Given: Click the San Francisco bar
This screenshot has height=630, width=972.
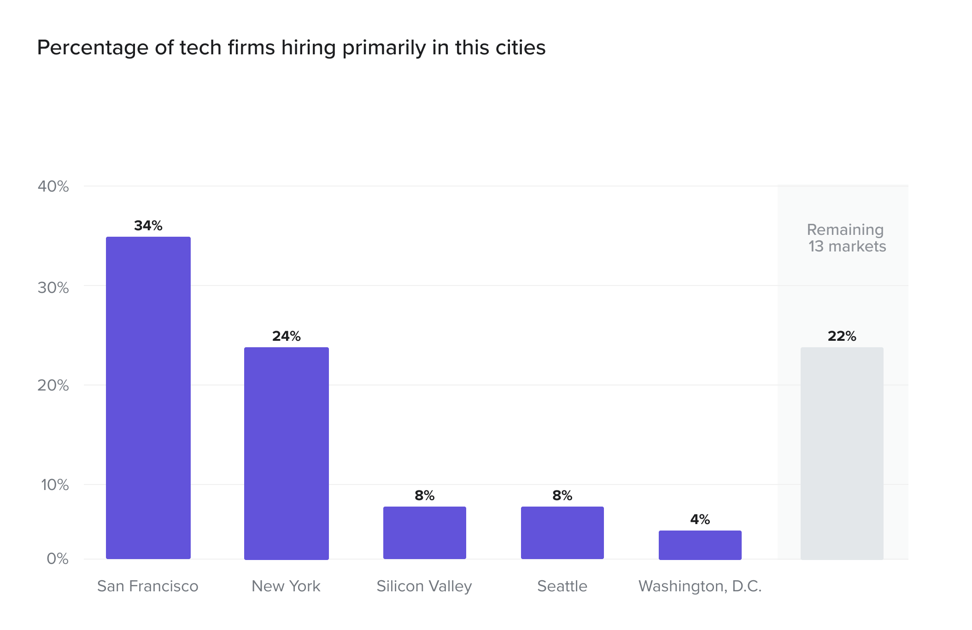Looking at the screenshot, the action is point(148,398).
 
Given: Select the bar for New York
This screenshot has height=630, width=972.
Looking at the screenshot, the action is point(287,453).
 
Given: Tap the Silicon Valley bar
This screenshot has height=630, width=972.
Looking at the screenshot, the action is point(425,533).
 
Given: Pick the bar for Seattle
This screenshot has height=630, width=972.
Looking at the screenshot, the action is point(562,533).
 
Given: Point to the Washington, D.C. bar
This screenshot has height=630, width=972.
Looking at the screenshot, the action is point(700,545).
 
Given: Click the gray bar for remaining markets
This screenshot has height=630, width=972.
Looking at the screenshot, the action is point(842,453).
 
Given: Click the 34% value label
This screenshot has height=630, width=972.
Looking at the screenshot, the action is point(148,226).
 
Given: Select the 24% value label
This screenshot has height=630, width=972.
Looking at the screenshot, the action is point(287,336).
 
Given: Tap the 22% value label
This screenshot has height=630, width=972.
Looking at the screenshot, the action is point(842,336).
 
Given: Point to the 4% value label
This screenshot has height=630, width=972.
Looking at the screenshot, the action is point(700,519).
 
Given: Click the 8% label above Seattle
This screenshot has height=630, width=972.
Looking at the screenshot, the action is point(562,496).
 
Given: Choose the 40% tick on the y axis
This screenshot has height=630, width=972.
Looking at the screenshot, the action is point(53,187).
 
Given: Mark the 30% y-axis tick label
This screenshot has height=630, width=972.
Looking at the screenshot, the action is point(53,288).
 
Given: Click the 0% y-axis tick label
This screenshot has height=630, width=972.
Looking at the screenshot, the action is point(58,559).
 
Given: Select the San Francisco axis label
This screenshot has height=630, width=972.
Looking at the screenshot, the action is point(148,586).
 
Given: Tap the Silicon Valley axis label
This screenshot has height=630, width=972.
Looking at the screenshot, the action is point(424,586).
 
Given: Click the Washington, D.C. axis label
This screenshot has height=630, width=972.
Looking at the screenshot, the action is point(700,586).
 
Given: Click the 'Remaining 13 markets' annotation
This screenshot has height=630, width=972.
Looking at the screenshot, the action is point(846,238).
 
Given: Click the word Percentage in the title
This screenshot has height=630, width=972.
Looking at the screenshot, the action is point(93,48).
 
